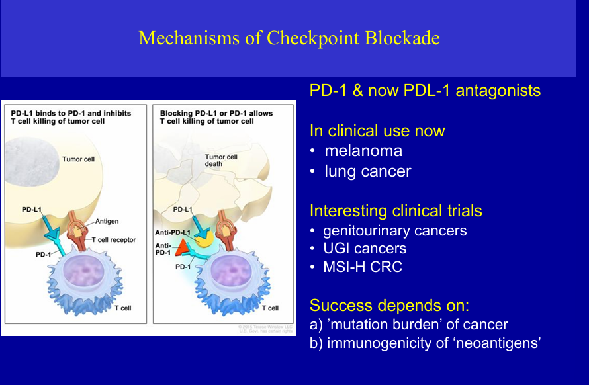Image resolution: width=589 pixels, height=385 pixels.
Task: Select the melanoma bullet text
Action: (x=363, y=151)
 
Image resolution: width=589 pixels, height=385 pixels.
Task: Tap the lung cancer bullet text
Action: (x=367, y=171)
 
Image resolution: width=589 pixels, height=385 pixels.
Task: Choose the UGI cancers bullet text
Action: (x=365, y=249)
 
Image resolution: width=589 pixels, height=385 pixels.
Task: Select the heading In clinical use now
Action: (x=377, y=131)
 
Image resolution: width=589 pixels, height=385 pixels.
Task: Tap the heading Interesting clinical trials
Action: (x=396, y=211)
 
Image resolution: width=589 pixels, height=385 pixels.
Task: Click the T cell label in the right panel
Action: (x=269, y=308)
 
